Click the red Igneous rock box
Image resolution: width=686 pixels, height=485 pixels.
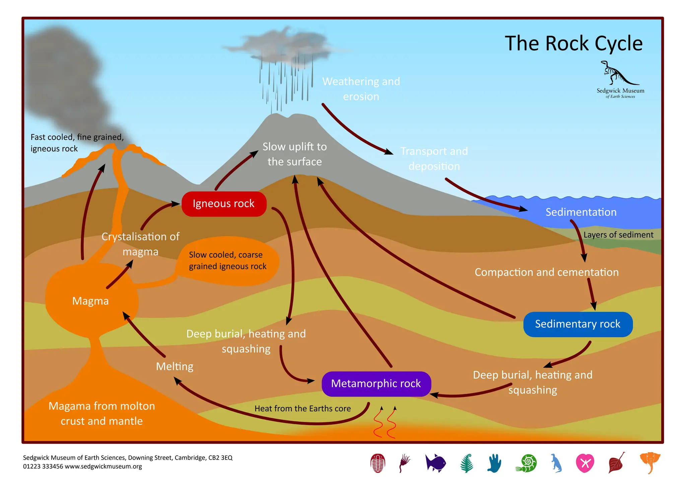(x=224, y=204)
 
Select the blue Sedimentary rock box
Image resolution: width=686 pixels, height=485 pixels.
(x=577, y=324)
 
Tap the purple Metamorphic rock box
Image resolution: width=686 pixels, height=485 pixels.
(x=376, y=384)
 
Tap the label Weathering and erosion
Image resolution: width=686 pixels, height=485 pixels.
(x=361, y=89)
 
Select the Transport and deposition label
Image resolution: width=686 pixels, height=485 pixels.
(x=434, y=158)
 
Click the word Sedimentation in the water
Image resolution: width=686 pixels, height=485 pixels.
(x=581, y=212)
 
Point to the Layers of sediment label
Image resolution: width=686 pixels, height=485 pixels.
(x=618, y=235)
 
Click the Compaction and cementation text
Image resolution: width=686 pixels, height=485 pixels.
(x=546, y=272)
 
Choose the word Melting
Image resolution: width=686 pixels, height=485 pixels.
(x=175, y=366)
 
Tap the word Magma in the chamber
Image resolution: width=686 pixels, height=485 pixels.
(x=90, y=301)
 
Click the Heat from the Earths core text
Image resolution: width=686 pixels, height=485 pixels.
(x=302, y=409)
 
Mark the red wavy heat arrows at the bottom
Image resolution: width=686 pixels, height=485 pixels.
(x=385, y=424)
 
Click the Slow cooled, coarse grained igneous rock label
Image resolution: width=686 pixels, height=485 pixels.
(x=227, y=261)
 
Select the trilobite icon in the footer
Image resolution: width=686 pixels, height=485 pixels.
(x=378, y=463)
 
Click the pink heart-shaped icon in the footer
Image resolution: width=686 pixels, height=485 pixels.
(x=585, y=463)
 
